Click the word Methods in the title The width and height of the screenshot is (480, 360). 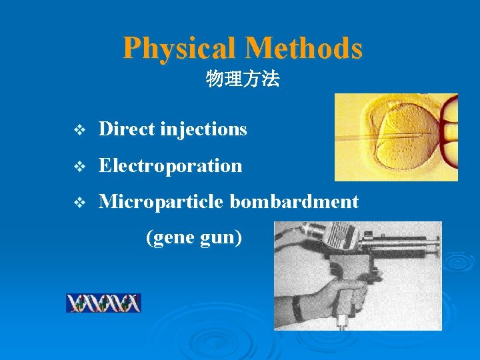tap(303, 48)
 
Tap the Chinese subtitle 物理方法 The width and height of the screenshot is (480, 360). tap(243, 81)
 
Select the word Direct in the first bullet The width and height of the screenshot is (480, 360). tap(127, 129)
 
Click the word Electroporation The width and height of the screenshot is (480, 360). tap(170, 165)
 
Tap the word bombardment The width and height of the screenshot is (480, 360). tap(294, 201)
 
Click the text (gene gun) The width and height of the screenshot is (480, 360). tap(193, 237)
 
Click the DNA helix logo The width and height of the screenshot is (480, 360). tap(103, 303)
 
